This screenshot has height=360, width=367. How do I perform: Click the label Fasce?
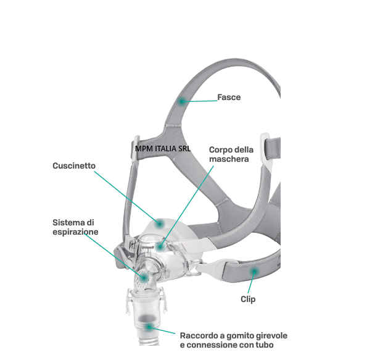pyautogui.click(x=229, y=98)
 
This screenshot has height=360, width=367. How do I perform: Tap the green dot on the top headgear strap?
pyautogui.click(x=181, y=101)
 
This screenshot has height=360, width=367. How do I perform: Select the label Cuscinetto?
pyautogui.click(x=74, y=165)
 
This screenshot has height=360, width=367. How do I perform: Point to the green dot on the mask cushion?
pyautogui.click(x=160, y=224)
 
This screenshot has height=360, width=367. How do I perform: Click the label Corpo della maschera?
pyautogui.click(x=231, y=154)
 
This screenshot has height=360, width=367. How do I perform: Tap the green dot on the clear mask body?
pyautogui.click(x=160, y=246)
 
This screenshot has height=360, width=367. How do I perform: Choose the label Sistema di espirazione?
pyautogui.click(x=75, y=227)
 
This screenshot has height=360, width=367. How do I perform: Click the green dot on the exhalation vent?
pyautogui.click(x=144, y=278)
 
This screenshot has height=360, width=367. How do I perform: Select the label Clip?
pyautogui.click(x=248, y=299)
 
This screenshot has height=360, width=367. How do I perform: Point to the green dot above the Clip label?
pyautogui.click(x=254, y=272)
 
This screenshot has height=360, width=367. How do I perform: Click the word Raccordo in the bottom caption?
pyautogui.click(x=199, y=336)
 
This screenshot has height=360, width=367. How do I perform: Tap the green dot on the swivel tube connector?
pyautogui.click(x=149, y=326)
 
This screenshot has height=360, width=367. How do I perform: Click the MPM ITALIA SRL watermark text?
pyautogui.click(x=163, y=149)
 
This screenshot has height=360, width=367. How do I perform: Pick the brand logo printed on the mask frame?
pyautogui.click(x=147, y=247)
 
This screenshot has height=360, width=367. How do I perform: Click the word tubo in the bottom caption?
pyautogui.click(x=265, y=345)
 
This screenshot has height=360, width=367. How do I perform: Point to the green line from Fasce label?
pyautogui.click(x=199, y=101)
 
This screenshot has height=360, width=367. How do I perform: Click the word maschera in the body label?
pyautogui.click(x=229, y=159)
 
